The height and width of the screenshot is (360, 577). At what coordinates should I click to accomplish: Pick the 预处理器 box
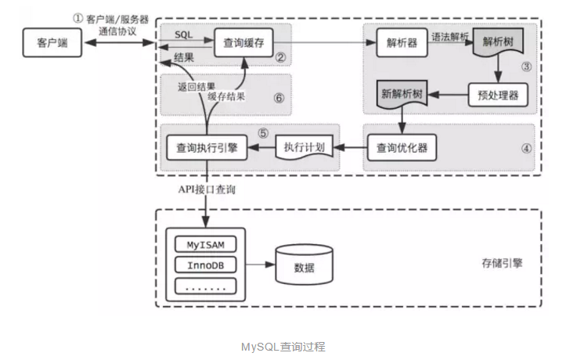tap(497, 95)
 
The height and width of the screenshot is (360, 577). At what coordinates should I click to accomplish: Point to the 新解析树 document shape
tap(403, 95)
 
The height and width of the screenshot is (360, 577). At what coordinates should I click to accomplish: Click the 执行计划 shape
tap(305, 146)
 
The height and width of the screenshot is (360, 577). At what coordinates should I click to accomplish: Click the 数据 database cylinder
tap(304, 267)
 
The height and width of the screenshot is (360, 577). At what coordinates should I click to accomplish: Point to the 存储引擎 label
tap(502, 264)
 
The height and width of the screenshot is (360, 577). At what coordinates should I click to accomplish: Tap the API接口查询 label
tap(207, 190)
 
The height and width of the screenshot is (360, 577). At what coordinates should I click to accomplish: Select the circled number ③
tap(527, 67)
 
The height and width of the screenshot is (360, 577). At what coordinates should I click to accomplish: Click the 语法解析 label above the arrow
tap(449, 35)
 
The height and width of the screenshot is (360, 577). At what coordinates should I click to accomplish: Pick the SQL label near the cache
tap(184, 34)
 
